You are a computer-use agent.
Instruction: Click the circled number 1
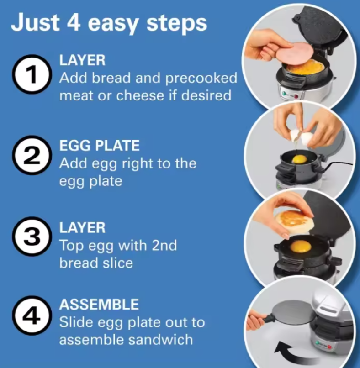tap(32, 74)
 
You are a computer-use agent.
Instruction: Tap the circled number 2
tap(32, 155)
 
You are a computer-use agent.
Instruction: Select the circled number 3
tap(32, 237)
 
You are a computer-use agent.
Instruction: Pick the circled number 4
tap(32, 315)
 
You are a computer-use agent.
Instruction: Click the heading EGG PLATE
tap(99, 146)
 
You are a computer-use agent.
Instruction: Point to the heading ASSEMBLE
tap(99, 305)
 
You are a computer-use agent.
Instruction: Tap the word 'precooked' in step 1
tap(201, 79)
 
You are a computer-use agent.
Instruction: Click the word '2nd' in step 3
tap(164, 246)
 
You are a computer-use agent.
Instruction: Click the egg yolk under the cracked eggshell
tap(299, 160)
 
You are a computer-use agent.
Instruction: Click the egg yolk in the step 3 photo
tap(301, 247)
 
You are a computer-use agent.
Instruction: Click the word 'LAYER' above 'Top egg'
tap(82, 227)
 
